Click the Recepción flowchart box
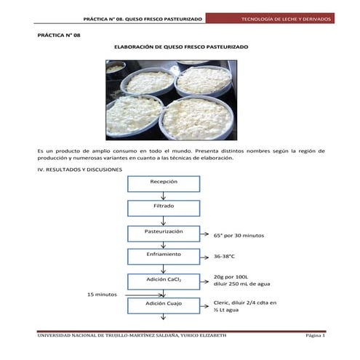(163, 183)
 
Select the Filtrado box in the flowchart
(163, 207)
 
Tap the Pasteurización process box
(163, 232)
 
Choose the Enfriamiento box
(163, 256)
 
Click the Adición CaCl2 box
(163, 280)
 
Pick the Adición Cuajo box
(163, 304)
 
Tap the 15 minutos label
(102, 294)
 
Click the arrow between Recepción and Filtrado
(163, 196)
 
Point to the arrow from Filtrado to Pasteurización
(163, 220)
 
